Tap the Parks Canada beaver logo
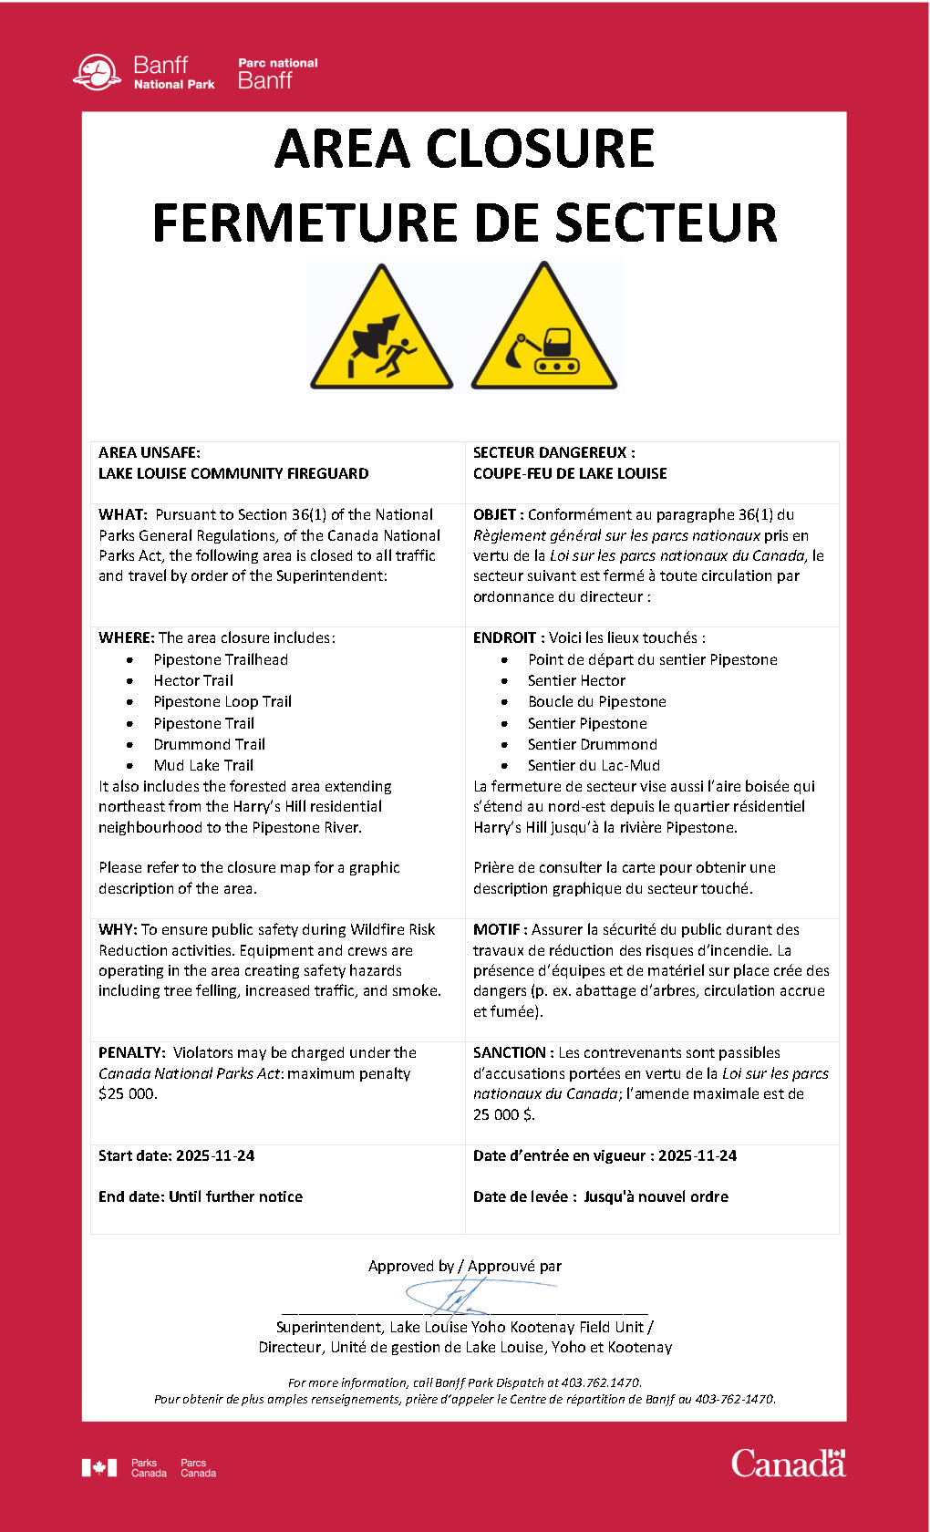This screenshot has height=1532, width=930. (97, 73)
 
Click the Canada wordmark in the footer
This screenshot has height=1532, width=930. (788, 1464)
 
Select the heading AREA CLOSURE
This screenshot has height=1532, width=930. (464, 149)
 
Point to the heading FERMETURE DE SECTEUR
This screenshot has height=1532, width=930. (464, 223)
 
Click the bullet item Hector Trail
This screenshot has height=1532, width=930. (193, 680)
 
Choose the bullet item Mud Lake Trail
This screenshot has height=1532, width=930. (203, 765)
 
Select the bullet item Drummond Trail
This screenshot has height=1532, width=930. (209, 744)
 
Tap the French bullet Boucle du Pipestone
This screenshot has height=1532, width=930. (596, 701)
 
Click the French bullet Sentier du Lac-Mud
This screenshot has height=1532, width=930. (594, 765)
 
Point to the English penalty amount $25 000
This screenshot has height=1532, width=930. (128, 1093)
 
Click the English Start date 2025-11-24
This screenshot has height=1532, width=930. (215, 1155)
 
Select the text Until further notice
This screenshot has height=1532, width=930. (235, 1196)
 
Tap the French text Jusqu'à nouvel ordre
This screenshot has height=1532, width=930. (656, 1196)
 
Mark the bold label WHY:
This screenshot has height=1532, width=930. (118, 929)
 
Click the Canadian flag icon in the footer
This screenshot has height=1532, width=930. (99, 1467)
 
